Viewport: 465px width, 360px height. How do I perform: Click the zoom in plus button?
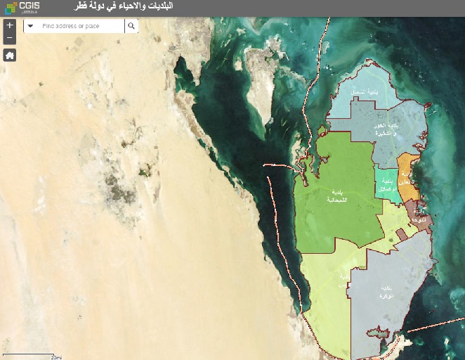[9, 25]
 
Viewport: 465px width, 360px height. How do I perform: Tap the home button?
[9, 55]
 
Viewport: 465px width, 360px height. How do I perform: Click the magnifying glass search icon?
[131, 26]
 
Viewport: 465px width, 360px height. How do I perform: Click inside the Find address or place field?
[80, 26]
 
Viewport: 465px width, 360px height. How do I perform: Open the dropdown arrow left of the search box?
[30, 26]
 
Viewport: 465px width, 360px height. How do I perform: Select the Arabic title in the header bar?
[124, 6]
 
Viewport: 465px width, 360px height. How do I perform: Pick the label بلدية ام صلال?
[386, 185]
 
